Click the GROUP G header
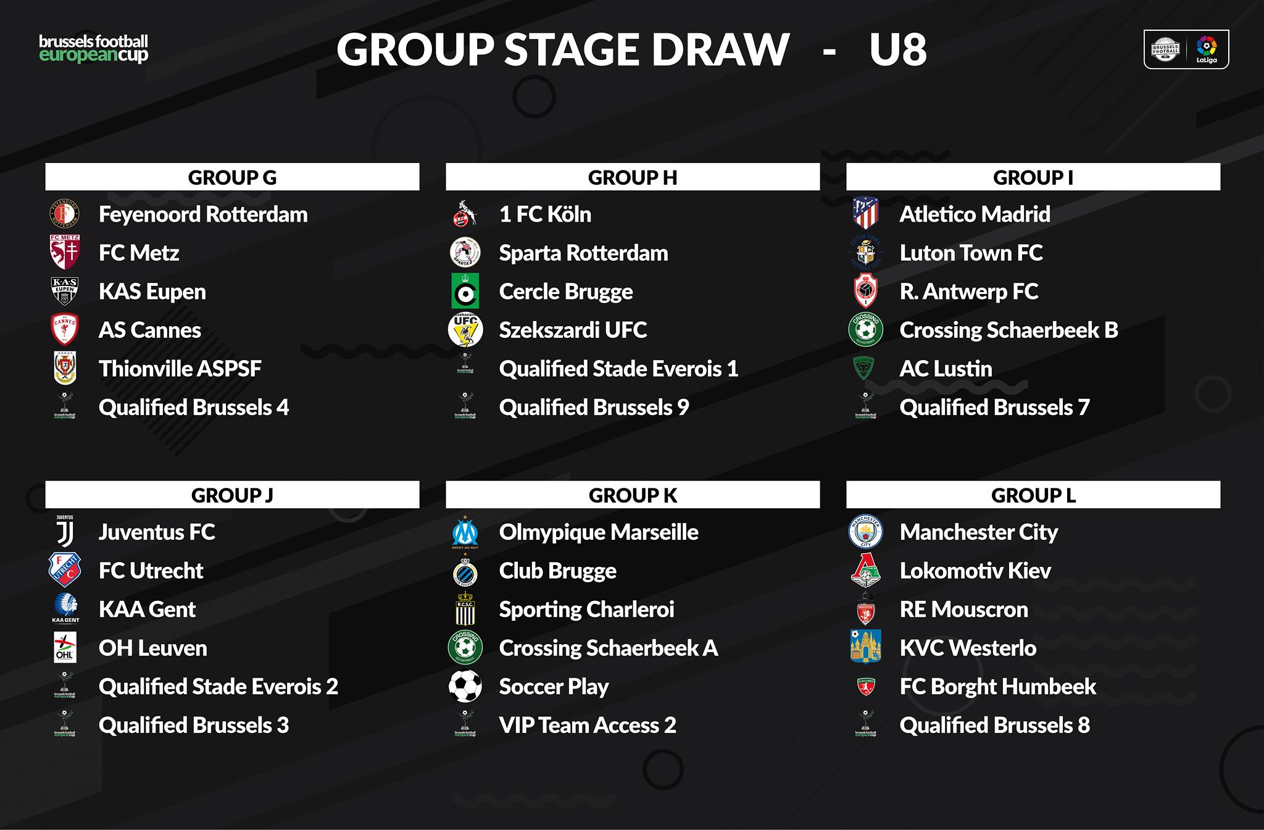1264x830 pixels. pyautogui.click(x=232, y=177)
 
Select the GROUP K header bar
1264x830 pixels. pyautogui.click(x=633, y=495)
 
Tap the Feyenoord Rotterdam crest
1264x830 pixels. pyautogui.click(x=64, y=214)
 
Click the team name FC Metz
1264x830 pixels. pyautogui.click(x=139, y=253)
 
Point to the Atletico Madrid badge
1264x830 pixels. pyautogui.click(x=865, y=214)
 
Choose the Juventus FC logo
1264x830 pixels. pyautogui.click(x=65, y=531)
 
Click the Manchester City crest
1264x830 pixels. pyautogui.click(x=865, y=532)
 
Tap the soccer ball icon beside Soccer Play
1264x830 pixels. pyautogui.click(x=465, y=686)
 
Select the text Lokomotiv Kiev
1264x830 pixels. pyautogui.click(x=975, y=571)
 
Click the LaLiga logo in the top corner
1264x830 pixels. pyautogui.click(x=1207, y=49)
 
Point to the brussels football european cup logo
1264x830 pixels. pyautogui.click(x=93, y=49)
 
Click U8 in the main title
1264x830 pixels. pyautogui.click(x=898, y=49)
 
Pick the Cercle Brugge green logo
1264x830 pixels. pyautogui.click(x=465, y=291)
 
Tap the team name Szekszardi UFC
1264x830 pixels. pyautogui.click(x=573, y=330)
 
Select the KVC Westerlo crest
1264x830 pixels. pyautogui.click(x=865, y=647)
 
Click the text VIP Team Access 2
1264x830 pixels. pyautogui.click(x=588, y=725)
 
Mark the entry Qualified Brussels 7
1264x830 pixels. pyautogui.click(x=994, y=408)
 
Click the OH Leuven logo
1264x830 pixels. pyautogui.click(x=65, y=647)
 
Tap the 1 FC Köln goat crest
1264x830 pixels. pyautogui.click(x=465, y=214)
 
